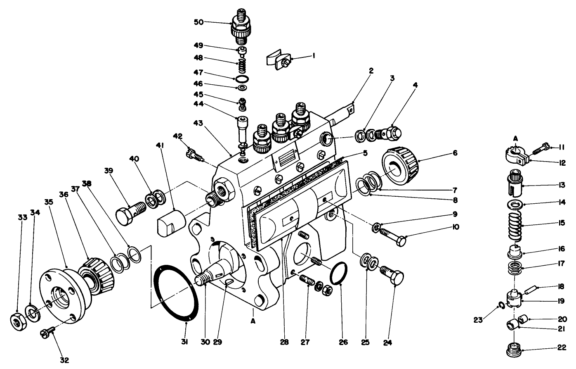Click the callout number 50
coord(198,22)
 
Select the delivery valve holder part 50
coord(240,26)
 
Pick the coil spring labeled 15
coord(515,226)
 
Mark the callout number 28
coord(284,342)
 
